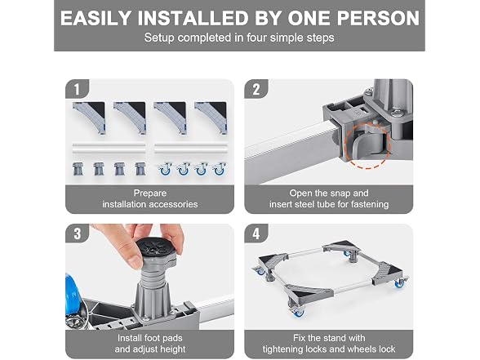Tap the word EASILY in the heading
pyautogui.click(x=96, y=18)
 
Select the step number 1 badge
pyautogui.click(x=77, y=89)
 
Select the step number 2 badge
pyautogui.click(x=256, y=89)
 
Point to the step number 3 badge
pyautogui.click(x=77, y=233)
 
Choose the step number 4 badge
pyautogui.click(x=256, y=233)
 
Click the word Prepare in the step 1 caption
pyautogui.click(x=150, y=193)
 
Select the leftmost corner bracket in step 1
pyautogui.click(x=90, y=118)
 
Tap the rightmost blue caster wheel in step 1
pyautogui.click(x=219, y=169)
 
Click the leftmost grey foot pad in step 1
pyautogui.click(x=78, y=169)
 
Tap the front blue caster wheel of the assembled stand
pyautogui.click(x=297, y=312)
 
